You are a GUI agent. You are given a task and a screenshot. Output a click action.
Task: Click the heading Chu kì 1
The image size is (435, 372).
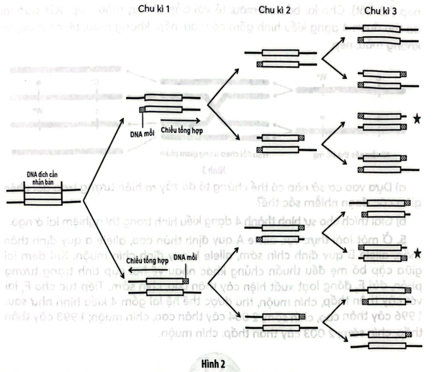tap(154, 9)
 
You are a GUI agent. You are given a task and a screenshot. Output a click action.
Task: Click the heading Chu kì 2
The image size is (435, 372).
tap(274, 10)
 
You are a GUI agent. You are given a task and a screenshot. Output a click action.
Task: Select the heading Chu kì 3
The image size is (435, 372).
tap(380, 11)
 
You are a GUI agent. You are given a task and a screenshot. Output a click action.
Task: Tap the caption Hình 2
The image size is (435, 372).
tap(213, 364)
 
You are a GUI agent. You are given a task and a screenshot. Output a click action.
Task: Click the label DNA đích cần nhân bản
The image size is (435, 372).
tap(42, 178)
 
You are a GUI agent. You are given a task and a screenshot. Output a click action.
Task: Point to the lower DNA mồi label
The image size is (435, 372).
tap(185, 257)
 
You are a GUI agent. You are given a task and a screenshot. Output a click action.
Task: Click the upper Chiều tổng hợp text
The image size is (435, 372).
tap(182, 130)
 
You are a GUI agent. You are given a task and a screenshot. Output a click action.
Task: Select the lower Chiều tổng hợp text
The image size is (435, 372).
tap(147, 261)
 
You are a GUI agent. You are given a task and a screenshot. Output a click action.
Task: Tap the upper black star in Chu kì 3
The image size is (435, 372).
tap(417, 119)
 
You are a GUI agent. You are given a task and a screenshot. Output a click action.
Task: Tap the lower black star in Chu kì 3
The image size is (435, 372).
tap(417, 253)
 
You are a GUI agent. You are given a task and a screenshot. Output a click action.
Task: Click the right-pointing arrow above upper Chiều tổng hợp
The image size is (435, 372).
tap(180, 120)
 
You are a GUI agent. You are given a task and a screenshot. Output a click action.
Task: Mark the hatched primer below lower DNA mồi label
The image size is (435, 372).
tap(186, 281)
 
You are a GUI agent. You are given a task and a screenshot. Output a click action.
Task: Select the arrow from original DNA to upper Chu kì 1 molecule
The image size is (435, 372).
tap(104, 159)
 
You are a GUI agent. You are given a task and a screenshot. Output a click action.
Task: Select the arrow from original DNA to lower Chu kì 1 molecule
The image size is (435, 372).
tap(104, 241)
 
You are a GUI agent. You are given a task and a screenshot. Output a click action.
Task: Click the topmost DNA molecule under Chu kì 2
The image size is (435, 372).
tap(280, 59)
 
